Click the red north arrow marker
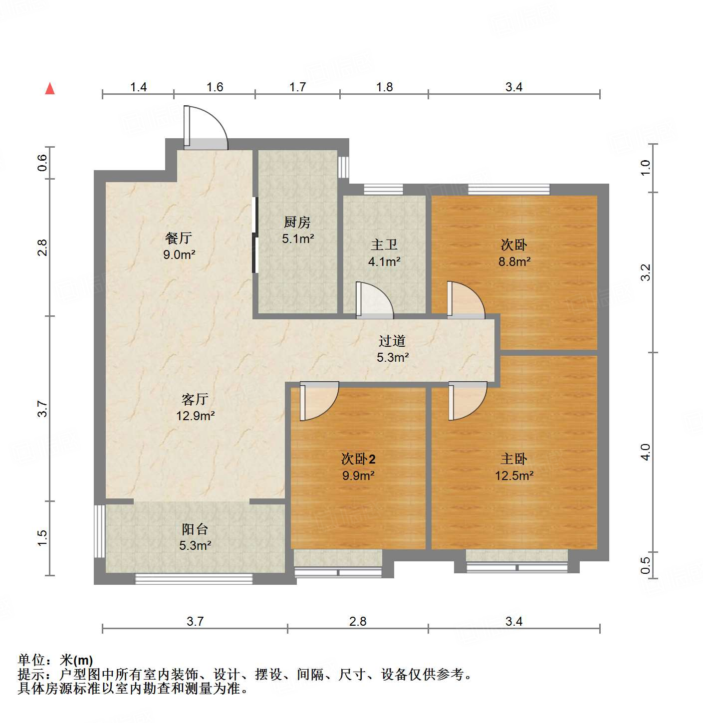pyautogui.click(x=50, y=89)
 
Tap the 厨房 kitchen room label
pyautogui.click(x=297, y=222)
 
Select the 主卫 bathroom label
pyautogui.click(x=384, y=244)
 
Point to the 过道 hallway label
pyautogui.click(x=392, y=341)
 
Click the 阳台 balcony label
pyautogui.click(x=195, y=529)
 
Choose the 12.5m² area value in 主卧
pyautogui.click(x=514, y=476)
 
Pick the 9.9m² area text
pyautogui.click(x=358, y=476)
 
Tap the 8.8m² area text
pyautogui.click(x=514, y=261)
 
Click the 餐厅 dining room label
pyautogui.click(x=179, y=238)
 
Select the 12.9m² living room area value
pyautogui.click(x=195, y=416)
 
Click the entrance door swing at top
pyautogui.click(x=207, y=127)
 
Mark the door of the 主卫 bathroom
pyautogui.click(x=374, y=301)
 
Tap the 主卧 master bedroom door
pyautogui.click(x=467, y=401)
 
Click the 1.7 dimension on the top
pyautogui.click(x=297, y=87)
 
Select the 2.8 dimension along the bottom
pyautogui.click(x=358, y=621)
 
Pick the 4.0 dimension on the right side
pyautogui.click(x=646, y=452)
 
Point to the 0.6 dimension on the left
pyautogui.click(x=42, y=163)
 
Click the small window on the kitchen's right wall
pyautogui.click(x=343, y=167)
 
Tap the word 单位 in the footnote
pyautogui.click(x=31, y=660)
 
